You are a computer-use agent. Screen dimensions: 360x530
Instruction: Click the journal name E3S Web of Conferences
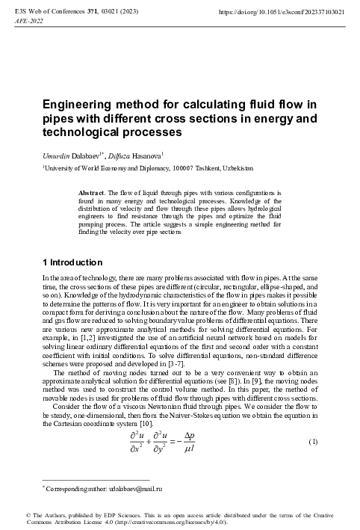(x=46, y=13)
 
